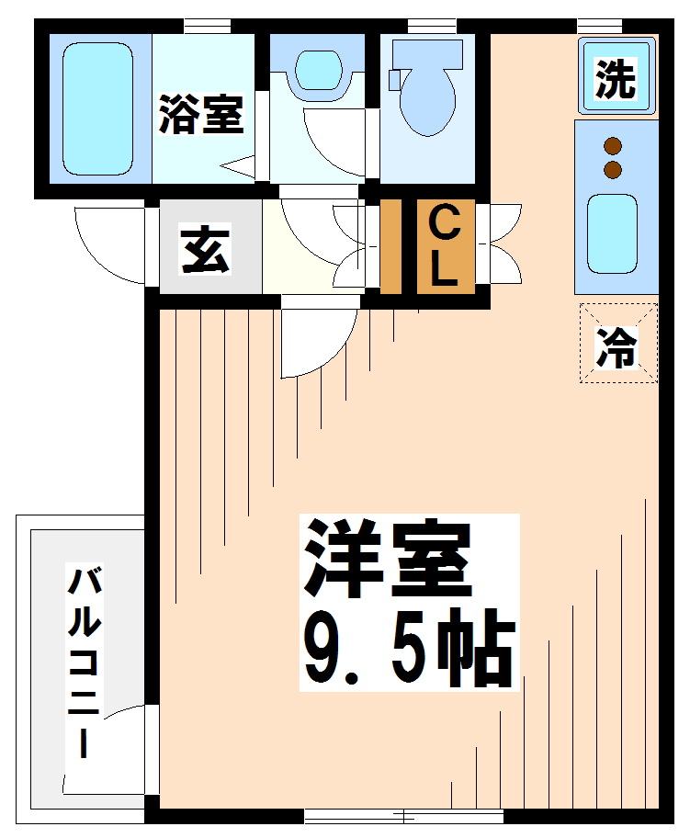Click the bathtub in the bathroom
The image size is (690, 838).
point(97,109)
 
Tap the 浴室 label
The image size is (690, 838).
point(201,114)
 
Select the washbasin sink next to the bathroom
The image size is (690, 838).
point(319,70)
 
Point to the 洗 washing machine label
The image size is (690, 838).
point(616,79)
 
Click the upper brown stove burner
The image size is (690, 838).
point(613,145)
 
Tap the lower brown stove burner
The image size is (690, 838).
point(613,170)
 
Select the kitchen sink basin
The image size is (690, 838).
point(612,234)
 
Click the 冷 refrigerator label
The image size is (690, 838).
point(617,346)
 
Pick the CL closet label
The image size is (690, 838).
point(445,246)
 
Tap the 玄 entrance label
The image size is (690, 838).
point(206,250)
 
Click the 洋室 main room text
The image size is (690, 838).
point(388,558)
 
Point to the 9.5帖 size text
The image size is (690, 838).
point(410,648)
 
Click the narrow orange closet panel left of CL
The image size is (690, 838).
point(390,246)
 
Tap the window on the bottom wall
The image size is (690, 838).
point(404,816)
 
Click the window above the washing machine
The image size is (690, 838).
point(600,25)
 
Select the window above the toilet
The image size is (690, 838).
point(432,25)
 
